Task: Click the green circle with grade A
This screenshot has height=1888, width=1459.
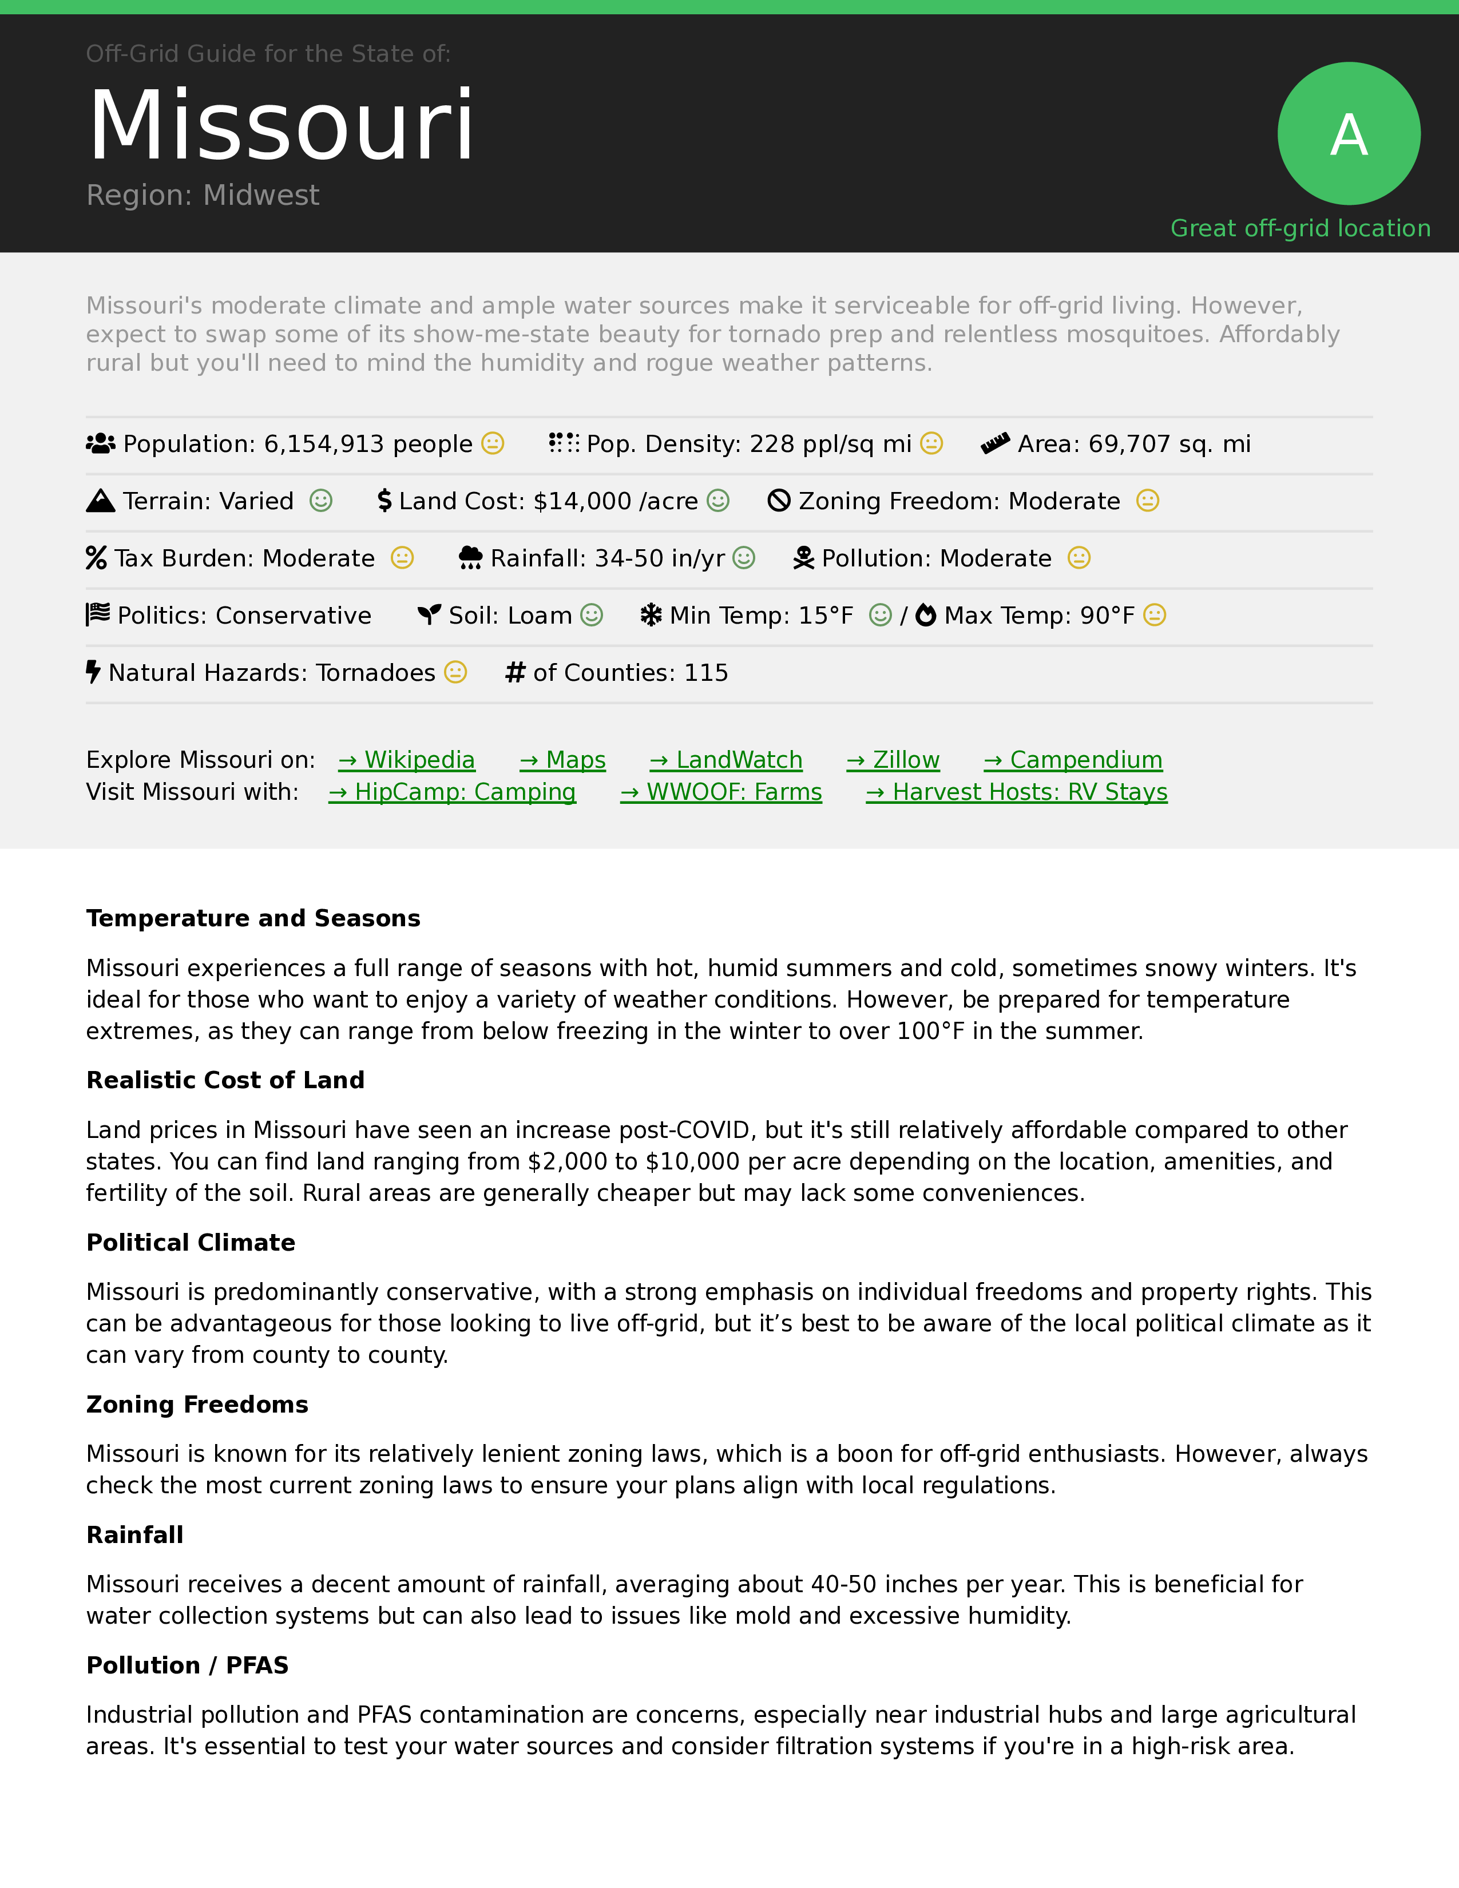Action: coord(1349,133)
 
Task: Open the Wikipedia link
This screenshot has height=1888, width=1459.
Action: coord(407,760)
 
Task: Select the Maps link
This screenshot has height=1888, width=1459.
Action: coord(562,760)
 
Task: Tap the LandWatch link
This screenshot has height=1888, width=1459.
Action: coord(726,760)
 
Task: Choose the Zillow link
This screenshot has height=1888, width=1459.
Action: coord(893,760)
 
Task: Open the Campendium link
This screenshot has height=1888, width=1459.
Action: coord(1073,760)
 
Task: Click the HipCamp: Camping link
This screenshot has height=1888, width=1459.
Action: coord(452,792)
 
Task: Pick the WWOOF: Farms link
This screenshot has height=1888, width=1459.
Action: coord(721,792)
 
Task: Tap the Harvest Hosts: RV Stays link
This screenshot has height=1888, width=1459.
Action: coord(1017,792)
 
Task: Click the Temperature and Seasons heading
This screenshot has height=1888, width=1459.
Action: coord(253,918)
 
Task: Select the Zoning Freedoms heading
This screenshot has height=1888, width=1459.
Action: coord(197,1404)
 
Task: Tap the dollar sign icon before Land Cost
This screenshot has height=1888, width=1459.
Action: coord(384,501)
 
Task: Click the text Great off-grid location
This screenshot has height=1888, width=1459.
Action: coord(1300,228)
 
